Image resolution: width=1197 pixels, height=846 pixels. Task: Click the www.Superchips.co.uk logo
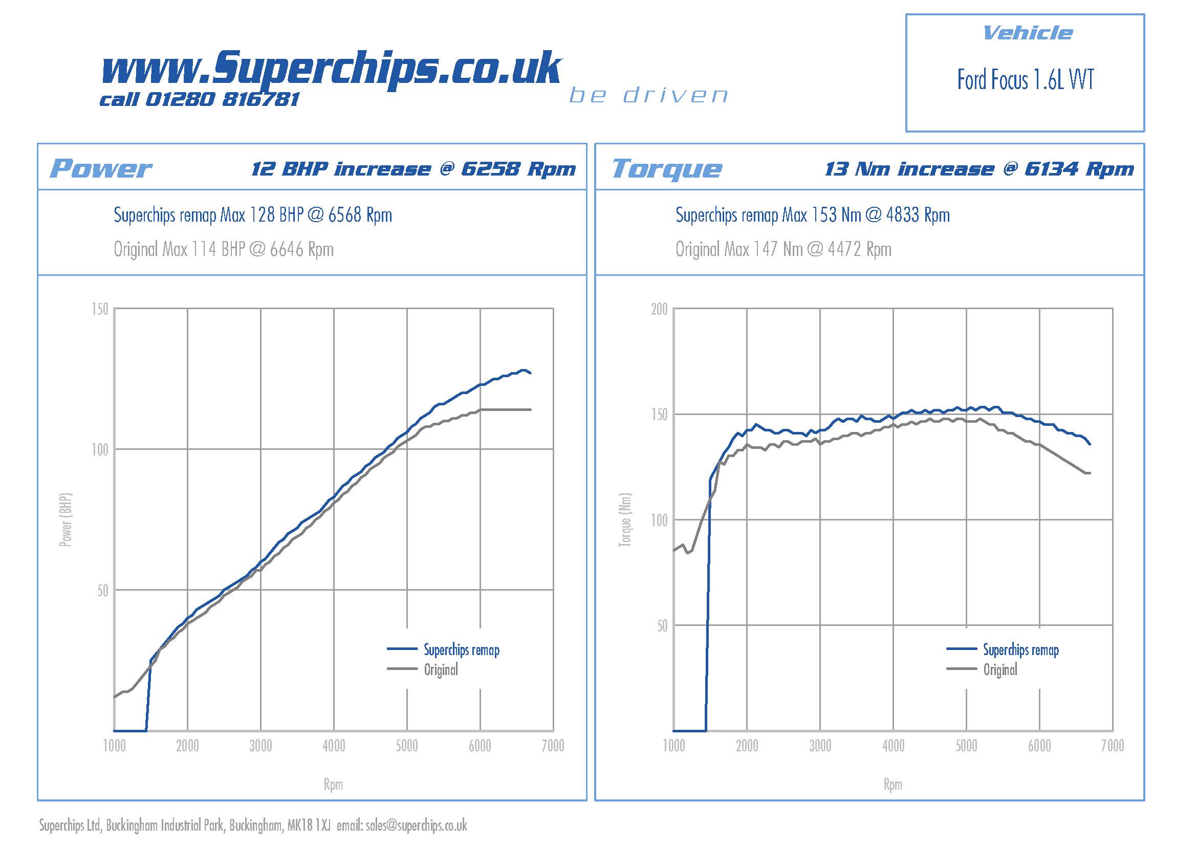click(331, 68)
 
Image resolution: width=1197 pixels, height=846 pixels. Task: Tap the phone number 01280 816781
click(222, 99)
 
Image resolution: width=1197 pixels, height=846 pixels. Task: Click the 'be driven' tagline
click(648, 95)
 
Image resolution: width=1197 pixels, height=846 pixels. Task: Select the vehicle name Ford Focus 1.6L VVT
click(1025, 80)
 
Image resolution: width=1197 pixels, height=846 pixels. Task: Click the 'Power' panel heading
click(100, 168)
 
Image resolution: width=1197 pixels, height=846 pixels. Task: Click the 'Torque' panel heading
click(667, 168)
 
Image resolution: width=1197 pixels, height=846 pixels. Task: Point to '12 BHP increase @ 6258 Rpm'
click(413, 169)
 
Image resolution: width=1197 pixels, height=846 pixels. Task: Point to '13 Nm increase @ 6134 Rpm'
click(978, 169)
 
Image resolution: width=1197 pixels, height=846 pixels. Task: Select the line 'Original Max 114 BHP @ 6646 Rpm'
click(224, 249)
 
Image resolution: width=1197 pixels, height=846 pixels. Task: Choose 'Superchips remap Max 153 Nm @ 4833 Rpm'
click(812, 215)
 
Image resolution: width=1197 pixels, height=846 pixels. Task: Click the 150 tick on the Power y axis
click(100, 309)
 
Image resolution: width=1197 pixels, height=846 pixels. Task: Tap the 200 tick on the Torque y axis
click(659, 309)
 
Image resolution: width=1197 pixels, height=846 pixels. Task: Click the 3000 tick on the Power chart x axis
click(260, 746)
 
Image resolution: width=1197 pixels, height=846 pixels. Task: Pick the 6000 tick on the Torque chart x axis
click(1039, 746)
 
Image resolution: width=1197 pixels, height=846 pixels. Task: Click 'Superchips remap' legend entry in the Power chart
click(462, 649)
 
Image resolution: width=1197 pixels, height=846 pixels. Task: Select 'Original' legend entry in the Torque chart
click(1000, 669)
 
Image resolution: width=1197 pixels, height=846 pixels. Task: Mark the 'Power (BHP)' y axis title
click(65, 519)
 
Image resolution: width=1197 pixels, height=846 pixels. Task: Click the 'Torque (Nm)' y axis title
click(624, 519)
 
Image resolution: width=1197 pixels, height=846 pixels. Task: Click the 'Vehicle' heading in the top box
click(1027, 33)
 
